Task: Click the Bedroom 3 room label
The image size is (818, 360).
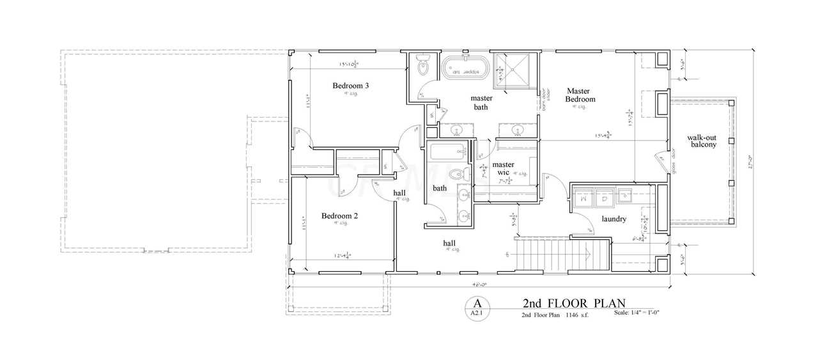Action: point(350,86)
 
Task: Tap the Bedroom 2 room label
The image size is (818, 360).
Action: point(339,216)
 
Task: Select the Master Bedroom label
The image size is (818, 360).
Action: point(580,95)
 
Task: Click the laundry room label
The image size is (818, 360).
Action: point(613,219)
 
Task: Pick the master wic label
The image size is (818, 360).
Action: point(504,169)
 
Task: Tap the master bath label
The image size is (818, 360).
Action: point(481,102)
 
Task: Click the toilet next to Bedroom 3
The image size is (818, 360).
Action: point(422,66)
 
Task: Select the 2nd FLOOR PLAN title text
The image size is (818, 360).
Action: point(574,302)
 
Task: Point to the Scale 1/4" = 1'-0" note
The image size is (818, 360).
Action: point(641,313)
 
